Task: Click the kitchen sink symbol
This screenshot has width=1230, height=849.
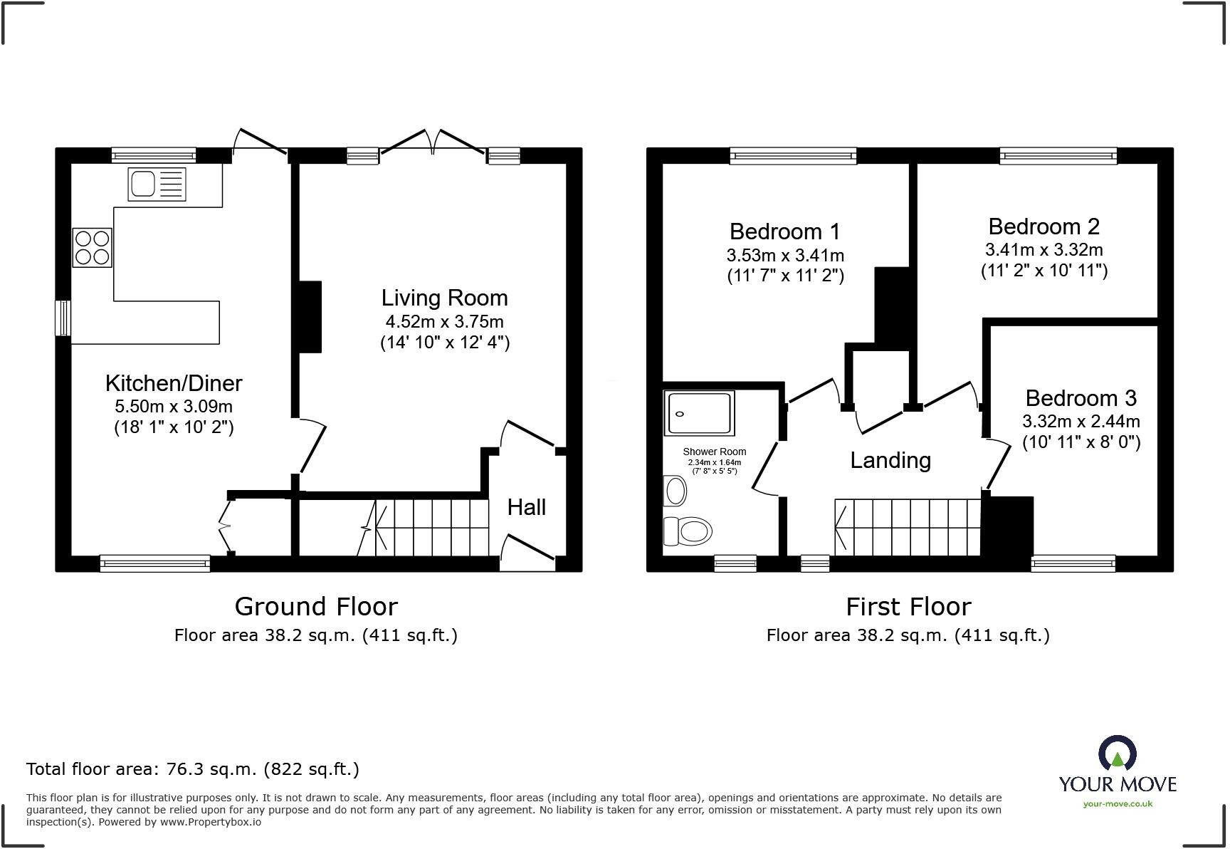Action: [157, 184]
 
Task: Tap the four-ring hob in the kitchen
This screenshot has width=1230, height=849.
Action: [92, 247]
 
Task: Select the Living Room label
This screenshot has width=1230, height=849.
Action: [444, 298]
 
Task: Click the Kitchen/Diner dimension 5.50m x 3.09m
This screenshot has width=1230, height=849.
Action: [174, 407]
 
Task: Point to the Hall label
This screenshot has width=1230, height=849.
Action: [526, 507]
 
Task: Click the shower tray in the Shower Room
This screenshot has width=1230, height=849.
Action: [699, 413]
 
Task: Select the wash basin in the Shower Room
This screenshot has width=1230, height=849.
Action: [675, 491]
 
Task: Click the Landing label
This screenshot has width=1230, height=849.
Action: [890, 460]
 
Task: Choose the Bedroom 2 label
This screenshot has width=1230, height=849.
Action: [1044, 226]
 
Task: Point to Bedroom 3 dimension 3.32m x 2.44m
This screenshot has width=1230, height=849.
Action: [1081, 421]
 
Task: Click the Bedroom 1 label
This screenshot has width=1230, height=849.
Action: [784, 231]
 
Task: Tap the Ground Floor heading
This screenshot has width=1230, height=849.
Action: [316, 607]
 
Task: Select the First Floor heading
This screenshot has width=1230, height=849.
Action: [908, 607]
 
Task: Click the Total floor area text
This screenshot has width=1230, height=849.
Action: [193, 769]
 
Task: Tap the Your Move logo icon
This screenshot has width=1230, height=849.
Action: [1118, 754]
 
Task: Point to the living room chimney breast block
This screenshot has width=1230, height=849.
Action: [310, 317]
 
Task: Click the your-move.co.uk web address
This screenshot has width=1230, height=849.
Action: [1118, 804]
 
